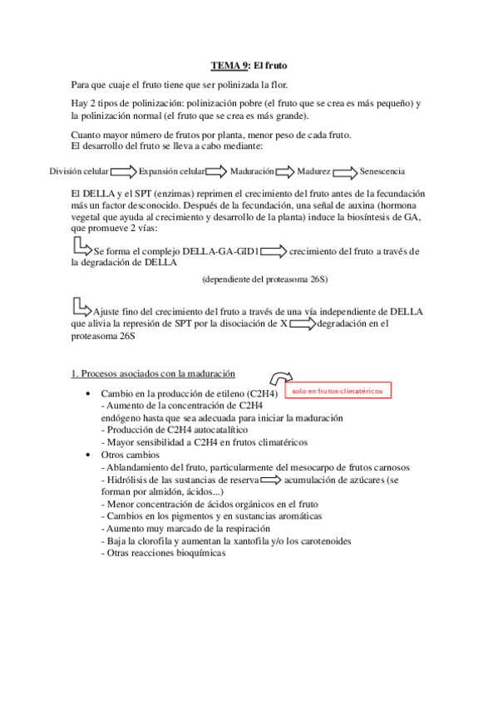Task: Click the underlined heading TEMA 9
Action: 229,66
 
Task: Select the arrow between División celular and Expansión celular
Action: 124,171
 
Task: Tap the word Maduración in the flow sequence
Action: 253,171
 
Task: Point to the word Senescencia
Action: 382,171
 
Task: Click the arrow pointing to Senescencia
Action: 346,171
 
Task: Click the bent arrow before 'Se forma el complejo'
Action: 81,246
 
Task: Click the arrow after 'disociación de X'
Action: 303,324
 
